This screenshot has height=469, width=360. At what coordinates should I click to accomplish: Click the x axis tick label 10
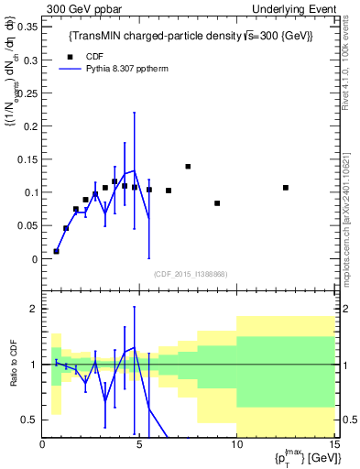click(x=236, y=444)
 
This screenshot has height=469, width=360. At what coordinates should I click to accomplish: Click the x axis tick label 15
click(x=333, y=444)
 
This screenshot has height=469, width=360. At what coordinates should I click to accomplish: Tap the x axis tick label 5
click(x=140, y=444)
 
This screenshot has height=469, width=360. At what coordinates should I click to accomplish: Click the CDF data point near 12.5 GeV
click(x=286, y=188)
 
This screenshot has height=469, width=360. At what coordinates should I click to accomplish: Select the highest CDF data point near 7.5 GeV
click(x=188, y=167)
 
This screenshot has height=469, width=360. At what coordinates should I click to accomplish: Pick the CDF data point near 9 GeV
click(x=217, y=203)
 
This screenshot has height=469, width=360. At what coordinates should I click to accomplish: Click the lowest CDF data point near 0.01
click(x=57, y=251)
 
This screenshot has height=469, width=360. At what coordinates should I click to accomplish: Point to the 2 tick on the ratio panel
click(x=35, y=309)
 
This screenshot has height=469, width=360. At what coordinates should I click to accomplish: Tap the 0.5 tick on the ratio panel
click(x=30, y=420)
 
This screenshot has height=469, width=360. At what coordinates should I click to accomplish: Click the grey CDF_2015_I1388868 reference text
click(x=191, y=274)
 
